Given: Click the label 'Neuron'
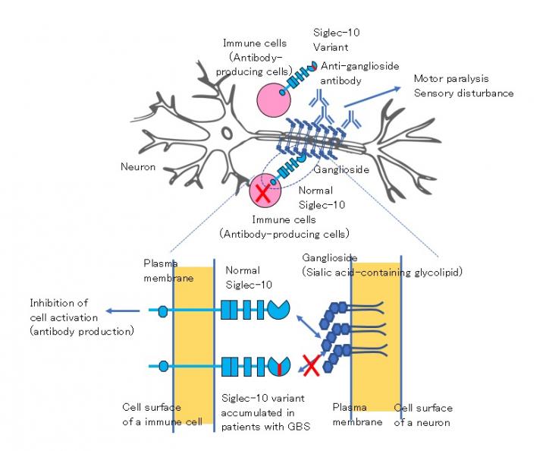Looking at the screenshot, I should click(138, 166).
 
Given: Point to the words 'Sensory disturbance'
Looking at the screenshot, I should click(463, 93).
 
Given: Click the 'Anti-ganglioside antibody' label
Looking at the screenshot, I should click(359, 73).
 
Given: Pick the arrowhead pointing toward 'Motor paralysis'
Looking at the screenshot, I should click(401, 88).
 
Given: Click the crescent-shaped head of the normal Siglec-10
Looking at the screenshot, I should click(278, 310).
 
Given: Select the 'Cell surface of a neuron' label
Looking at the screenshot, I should click(422, 415).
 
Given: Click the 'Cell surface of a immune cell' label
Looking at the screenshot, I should click(162, 415).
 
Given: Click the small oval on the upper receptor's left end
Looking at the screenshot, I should click(162, 310).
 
